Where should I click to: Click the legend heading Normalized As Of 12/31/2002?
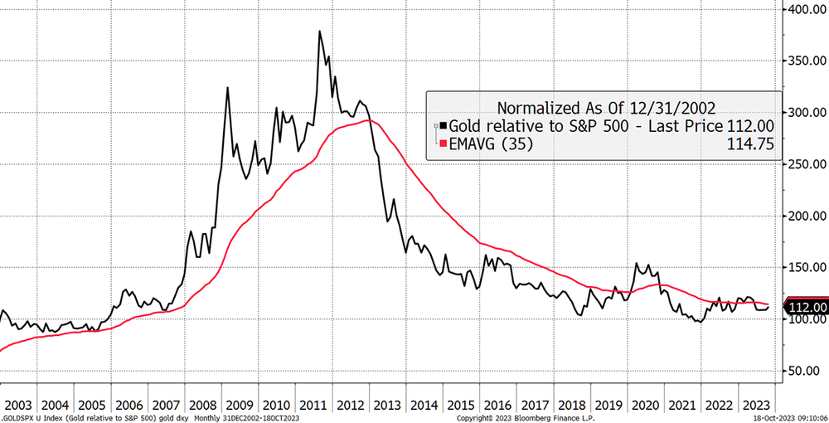[x=604, y=107]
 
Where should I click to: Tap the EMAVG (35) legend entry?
[x=492, y=144]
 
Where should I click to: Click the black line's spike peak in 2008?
[x=227, y=87]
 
